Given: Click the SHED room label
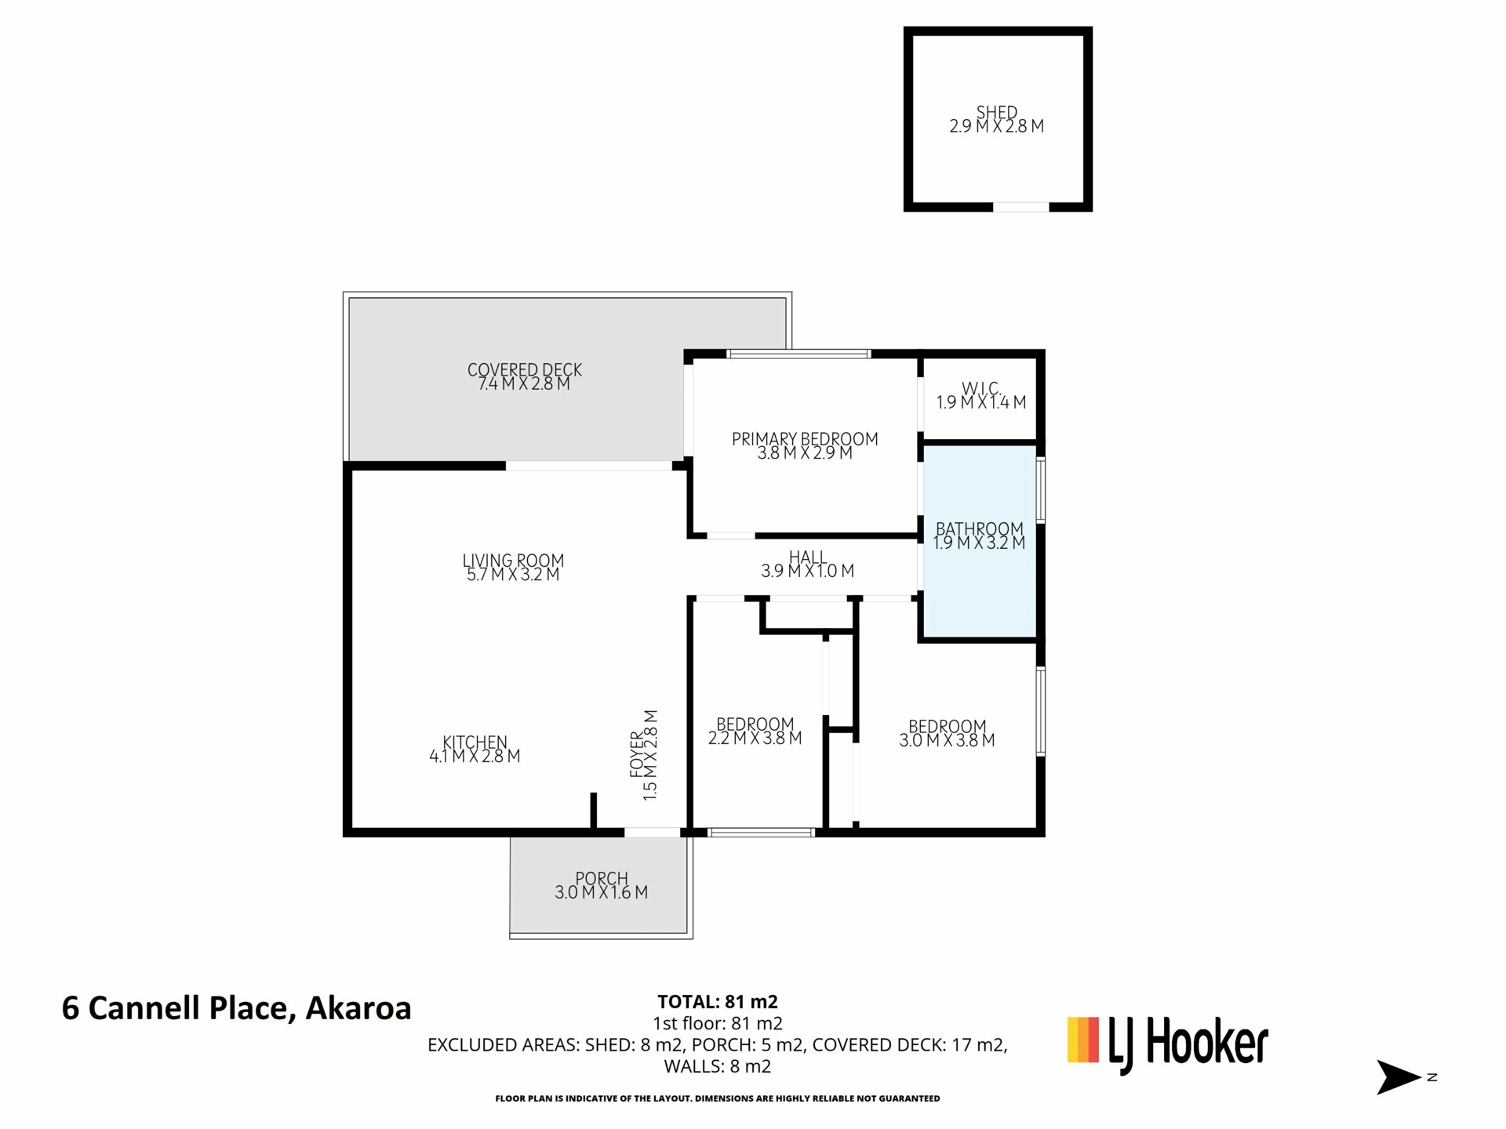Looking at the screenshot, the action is point(996,112).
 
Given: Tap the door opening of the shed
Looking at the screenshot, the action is point(1021,207).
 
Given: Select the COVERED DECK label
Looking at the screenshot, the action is point(525,369).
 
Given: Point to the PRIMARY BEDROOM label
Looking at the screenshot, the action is point(805,439).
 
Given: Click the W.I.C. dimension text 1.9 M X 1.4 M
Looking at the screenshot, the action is point(981,402).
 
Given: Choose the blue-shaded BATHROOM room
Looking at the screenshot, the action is point(980,542).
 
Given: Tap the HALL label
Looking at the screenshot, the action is point(807,557).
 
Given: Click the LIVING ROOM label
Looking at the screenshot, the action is point(513,561).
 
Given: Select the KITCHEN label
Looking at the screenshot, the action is point(475,742).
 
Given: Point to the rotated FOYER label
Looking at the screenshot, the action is point(636,755).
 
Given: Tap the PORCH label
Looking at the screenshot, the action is point(602,878).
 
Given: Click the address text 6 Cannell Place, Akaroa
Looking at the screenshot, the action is point(236,1008).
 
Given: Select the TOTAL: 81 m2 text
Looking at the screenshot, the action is point(718,1001).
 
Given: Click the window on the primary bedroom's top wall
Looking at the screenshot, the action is point(798,354).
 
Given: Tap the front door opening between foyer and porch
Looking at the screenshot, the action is point(652,833).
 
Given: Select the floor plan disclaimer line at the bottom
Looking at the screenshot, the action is point(717,1098).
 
